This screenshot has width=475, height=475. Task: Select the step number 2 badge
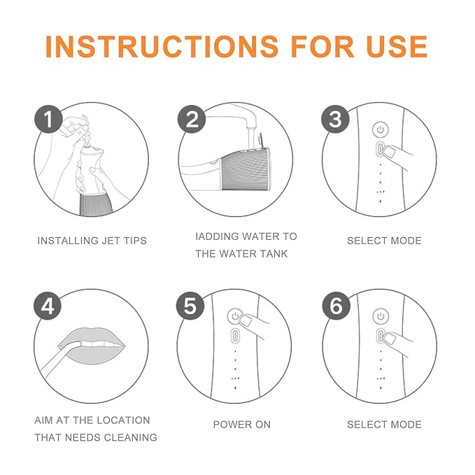pyautogui.click(x=192, y=120)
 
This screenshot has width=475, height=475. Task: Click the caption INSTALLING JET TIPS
pyautogui.click(x=92, y=241)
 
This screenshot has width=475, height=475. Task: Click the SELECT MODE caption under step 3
pyautogui.click(x=384, y=241)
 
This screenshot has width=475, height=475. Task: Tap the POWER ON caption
pyautogui.click(x=241, y=425)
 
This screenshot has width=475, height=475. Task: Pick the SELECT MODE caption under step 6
pyautogui.click(x=384, y=425)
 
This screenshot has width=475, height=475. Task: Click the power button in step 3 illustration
pyautogui.click(x=380, y=130)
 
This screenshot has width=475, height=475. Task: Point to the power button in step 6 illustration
pyautogui.click(x=380, y=316)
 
